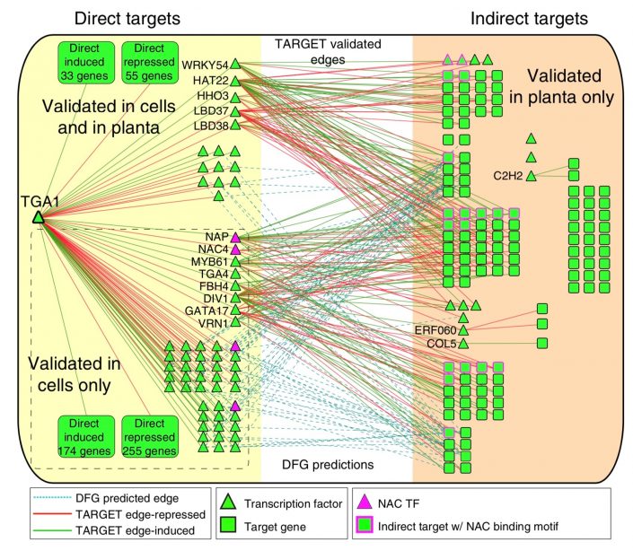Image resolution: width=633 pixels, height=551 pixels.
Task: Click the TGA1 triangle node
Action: pos(39,217)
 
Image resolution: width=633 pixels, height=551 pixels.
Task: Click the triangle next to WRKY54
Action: pos(235,64)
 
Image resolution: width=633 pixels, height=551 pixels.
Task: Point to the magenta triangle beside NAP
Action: pos(235,236)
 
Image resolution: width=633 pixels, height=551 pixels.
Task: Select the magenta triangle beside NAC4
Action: pos(235,249)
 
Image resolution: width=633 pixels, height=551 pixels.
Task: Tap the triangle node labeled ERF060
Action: pos(463,330)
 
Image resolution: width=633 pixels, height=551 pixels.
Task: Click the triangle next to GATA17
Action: pos(235,310)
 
